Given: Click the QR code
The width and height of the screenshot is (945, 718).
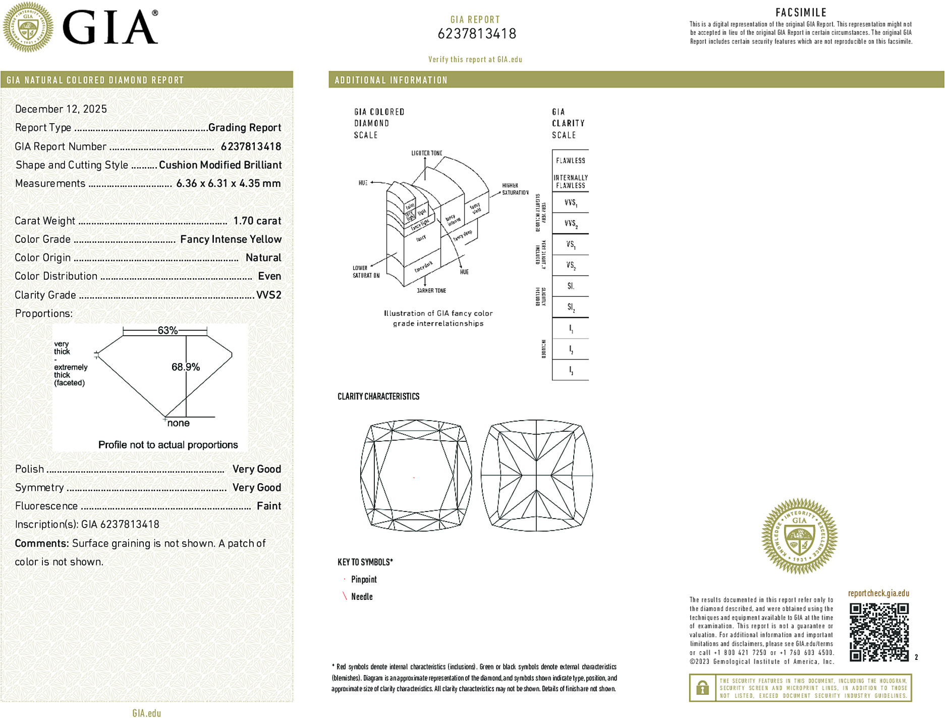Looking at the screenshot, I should point(879,632).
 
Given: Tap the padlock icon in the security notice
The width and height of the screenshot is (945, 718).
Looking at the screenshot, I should point(702,688).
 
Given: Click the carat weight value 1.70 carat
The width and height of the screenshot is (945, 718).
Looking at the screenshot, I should point(257,221).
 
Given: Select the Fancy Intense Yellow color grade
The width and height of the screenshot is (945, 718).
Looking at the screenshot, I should point(231,239).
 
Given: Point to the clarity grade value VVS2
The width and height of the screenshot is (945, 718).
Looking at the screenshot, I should point(268,295).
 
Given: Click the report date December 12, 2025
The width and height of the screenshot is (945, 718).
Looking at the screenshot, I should point(61,109).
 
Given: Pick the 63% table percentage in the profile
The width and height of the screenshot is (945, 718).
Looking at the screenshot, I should point(167,331).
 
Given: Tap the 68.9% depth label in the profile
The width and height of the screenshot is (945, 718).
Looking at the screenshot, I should point(186,367).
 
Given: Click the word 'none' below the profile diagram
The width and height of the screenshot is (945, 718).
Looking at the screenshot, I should point(179,423).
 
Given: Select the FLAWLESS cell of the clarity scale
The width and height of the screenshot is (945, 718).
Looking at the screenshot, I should point(570,161).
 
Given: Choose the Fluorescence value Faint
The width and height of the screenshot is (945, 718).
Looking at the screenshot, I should point(269,506).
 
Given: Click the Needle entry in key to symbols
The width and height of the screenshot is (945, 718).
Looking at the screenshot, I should point(362,597).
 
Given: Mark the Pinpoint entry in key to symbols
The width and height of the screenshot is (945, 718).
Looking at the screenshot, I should point(364,580).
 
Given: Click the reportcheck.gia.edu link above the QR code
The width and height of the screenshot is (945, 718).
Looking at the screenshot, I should point(878,593).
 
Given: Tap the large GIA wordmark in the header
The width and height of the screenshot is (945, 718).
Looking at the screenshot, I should point(110,27).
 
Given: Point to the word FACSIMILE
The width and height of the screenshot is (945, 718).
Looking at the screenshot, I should point(801,13).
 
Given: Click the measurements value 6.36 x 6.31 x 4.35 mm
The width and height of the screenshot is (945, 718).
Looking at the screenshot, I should point(228,184).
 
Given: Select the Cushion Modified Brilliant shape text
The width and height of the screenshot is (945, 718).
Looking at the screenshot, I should point(220,165).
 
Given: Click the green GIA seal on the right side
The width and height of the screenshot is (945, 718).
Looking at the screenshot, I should point(799,536).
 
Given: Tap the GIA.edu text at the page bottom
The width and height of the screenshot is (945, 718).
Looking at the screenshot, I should point(147,713).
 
